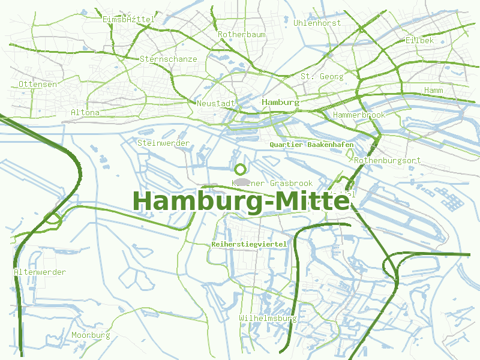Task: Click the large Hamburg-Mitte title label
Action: click(241, 202)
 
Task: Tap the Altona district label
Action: click(85, 112)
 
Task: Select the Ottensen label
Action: click(38, 84)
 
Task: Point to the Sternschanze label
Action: click(168, 59)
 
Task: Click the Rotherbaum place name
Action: click(241, 35)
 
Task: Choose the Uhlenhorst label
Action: click(317, 23)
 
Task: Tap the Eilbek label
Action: click(419, 40)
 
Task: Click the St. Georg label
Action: click(322, 76)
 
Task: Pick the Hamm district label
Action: click(433, 90)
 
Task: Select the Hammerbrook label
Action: click(359, 115)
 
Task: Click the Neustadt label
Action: click(216, 103)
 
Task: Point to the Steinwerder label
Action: click(163, 143)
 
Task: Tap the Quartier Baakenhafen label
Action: click(311, 145)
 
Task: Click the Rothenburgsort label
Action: click(387, 161)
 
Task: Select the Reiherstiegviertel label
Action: click(249, 244)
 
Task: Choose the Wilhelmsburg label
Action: click(268, 318)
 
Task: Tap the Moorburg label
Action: click(91, 335)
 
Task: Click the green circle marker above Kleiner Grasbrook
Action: click(241, 169)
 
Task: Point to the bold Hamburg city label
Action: click(281, 102)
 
